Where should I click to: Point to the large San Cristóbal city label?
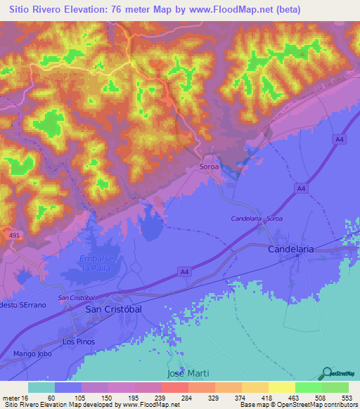(x=113, y=309)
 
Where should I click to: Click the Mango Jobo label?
(x=27, y=354)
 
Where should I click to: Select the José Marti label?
(x=188, y=372)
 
